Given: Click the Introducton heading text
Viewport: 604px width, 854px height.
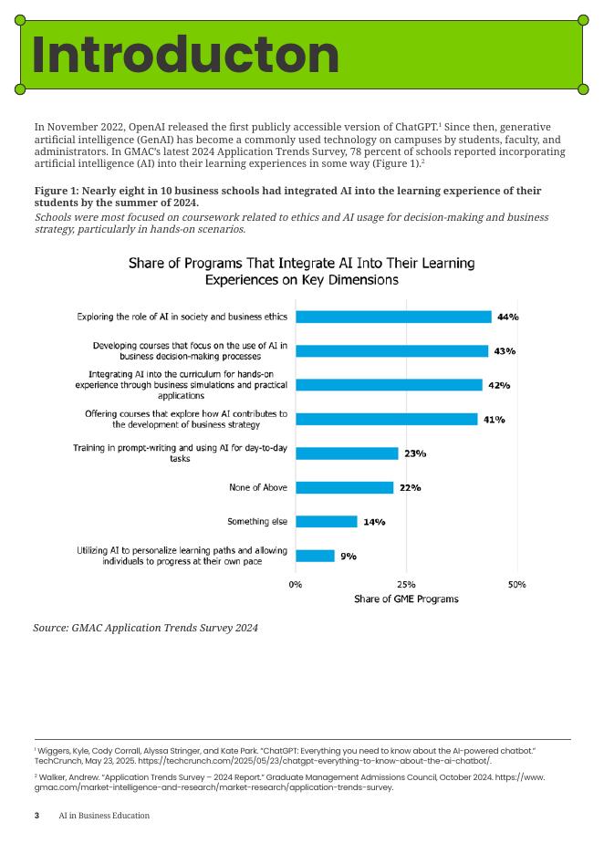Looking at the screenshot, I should click(x=185, y=56).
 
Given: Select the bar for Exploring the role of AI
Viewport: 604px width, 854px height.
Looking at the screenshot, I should click(x=393, y=317).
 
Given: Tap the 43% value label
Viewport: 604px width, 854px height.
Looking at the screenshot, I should click(x=505, y=351).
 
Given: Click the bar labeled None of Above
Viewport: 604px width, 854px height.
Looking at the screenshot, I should click(x=344, y=488).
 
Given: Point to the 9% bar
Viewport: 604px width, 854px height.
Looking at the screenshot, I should click(x=315, y=556).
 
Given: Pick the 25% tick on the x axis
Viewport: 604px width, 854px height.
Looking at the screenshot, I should click(x=406, y=584).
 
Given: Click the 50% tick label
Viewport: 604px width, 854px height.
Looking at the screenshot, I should click(x=516, y=584).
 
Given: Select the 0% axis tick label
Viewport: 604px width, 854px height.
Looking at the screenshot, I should click(x=296, y=584).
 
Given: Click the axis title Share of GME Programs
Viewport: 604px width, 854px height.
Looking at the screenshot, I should click(x=406, y=599).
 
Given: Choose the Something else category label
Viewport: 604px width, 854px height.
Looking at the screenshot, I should click(x=257, y=522).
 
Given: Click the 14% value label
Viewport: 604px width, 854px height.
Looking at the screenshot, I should click(x=374, y=522).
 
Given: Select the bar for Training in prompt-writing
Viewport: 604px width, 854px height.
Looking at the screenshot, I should click(x=347, y=453).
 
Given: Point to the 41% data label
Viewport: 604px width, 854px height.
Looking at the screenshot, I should click(x=494, y=420).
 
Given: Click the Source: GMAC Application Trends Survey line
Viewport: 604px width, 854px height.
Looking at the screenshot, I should click(x=146, y=628).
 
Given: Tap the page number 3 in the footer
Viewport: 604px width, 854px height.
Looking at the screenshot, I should click(x=36, y=816).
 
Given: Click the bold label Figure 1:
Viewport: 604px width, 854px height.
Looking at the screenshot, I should click(x=57, y=191).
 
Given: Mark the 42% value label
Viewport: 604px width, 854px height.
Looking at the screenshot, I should click(x=499, y=385).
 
